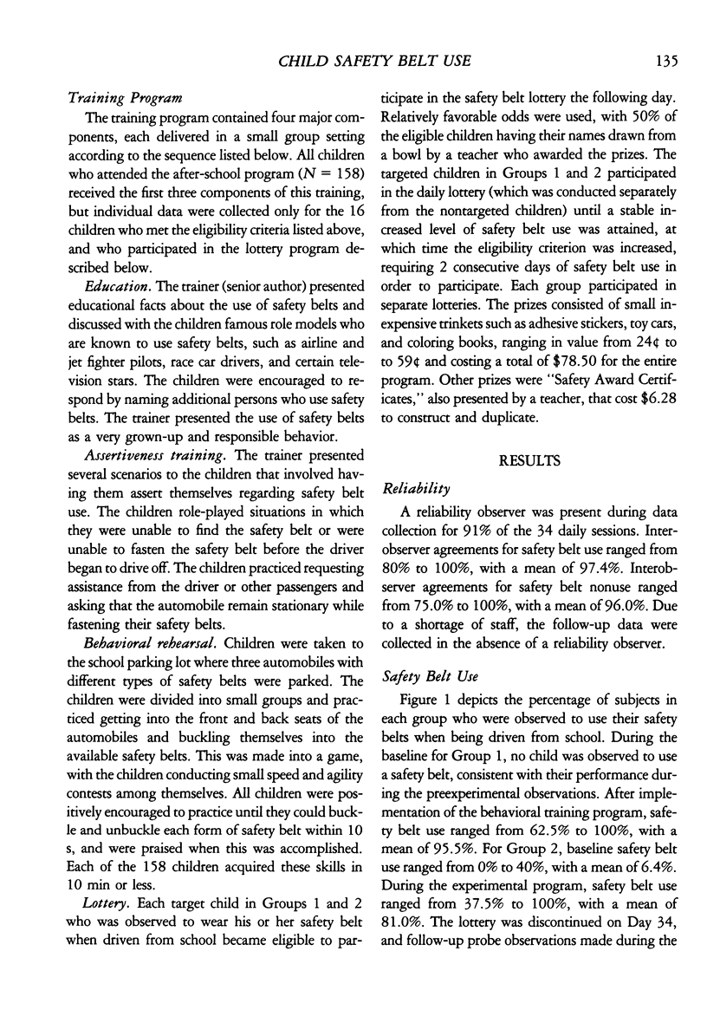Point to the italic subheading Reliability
tap(411, 490)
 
